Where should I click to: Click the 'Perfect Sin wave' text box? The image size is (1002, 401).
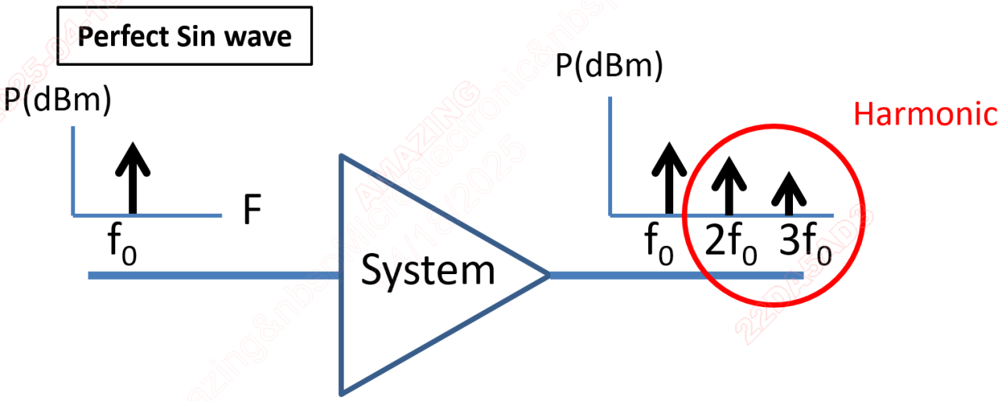186,36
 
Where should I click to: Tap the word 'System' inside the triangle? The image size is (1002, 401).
428,270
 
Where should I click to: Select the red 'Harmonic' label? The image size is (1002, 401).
925,114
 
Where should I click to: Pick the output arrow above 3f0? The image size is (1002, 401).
789,192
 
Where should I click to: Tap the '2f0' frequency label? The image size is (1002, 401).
731,244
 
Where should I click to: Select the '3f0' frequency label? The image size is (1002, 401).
807,244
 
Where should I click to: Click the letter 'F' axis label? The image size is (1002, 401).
250,211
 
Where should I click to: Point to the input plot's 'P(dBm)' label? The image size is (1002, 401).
56,99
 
